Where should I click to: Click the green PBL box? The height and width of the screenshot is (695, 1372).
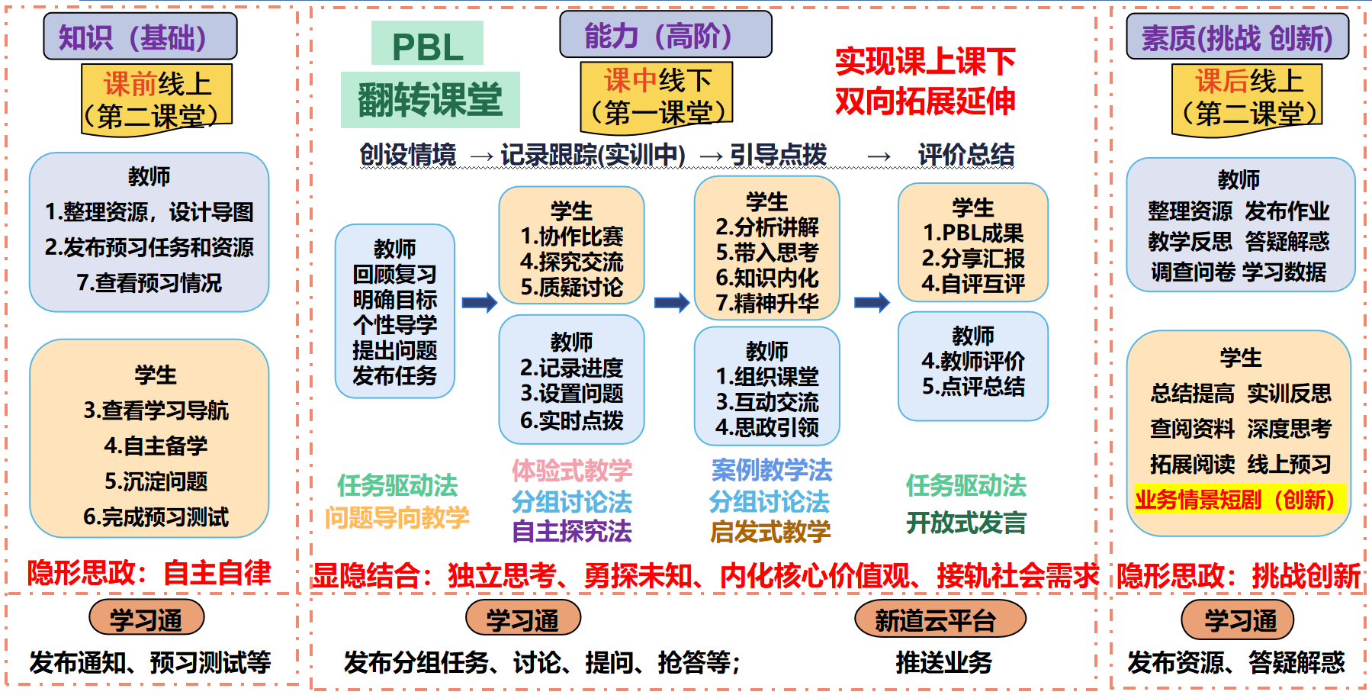427,43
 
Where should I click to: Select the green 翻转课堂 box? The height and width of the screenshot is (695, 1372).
430,100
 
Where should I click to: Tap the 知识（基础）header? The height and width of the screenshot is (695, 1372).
140,37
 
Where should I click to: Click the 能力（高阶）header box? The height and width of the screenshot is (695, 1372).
665,35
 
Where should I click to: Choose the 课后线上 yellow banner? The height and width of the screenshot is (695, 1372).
1247,98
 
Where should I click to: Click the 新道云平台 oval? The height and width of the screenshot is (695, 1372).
940,619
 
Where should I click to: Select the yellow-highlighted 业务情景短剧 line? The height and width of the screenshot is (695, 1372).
1239,500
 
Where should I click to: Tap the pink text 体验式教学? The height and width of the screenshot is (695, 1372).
572,470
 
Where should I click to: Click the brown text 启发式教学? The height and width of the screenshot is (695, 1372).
770,531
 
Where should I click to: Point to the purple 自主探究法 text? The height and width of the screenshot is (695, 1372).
572,531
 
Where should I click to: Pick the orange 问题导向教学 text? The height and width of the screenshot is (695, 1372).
397,517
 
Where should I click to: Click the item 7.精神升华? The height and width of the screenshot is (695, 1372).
767,303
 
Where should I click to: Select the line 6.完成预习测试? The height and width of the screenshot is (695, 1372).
156,517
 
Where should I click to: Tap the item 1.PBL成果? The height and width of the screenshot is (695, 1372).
973,233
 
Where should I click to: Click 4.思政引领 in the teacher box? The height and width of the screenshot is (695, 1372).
767,427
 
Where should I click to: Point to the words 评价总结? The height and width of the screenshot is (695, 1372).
966,155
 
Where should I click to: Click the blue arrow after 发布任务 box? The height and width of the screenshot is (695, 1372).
479,303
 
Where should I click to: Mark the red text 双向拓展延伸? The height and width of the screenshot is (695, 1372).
925,101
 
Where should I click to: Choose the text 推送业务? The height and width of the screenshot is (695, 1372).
943,662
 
